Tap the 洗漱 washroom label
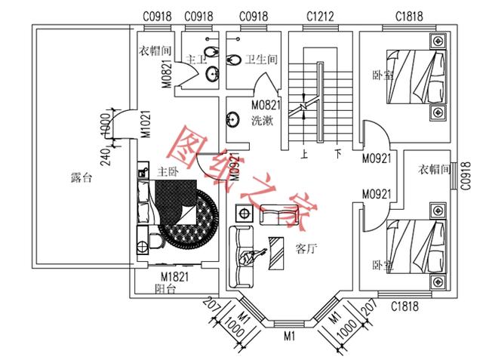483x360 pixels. (x=263, y=121)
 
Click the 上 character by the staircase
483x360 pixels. (x=303, y=153)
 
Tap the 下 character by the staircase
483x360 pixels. (x=338, y=153)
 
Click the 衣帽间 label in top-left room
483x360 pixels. (x=156, y=52)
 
